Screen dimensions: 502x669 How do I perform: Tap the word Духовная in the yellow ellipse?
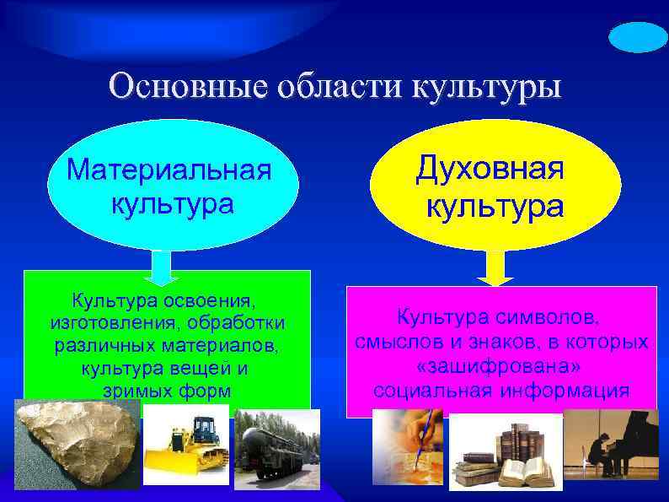click(x=490, y=169)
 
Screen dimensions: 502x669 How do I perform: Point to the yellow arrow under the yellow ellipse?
click(x=495, y=268)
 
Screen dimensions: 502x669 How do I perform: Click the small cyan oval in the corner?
click(x=638, y=38)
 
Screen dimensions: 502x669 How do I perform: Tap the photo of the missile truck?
click(x=276, y=450)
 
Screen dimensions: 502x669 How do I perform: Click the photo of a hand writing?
click(x=408, y=445)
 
